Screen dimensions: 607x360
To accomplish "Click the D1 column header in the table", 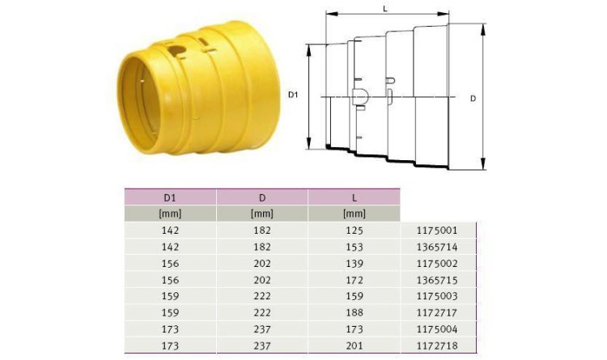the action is click(x=170, y=198).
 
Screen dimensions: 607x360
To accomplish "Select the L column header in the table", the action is click(x=354, y=198).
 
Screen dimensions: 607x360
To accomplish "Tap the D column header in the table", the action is click(x=262, y=198).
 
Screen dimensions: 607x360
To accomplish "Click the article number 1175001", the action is click(x=437, y=231).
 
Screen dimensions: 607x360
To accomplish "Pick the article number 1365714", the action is click(x=437, y=247).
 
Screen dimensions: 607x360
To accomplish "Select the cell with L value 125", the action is click(x=354, y=231).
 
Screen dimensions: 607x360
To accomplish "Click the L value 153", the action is click(x=354, y=247).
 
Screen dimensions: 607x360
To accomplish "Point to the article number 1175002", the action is click(x=437, y=264).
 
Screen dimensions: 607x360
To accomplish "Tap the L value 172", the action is click(x=354, y=280).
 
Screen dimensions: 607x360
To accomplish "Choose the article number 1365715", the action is click(x=437, y=280).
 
